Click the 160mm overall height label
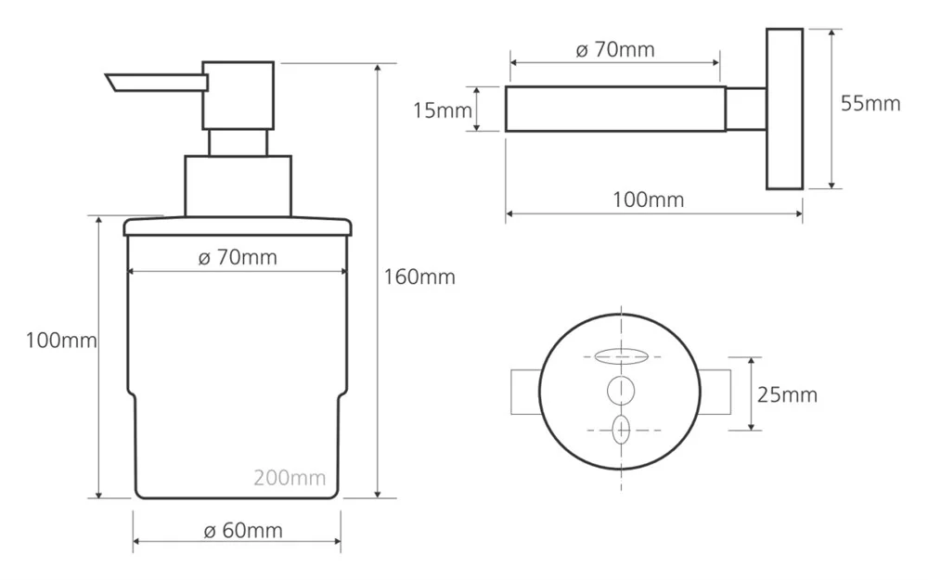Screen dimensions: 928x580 [419, 277]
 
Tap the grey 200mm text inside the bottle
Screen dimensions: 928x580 [290, 478]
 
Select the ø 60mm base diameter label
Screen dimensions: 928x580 [243, 530]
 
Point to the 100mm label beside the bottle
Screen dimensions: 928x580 [61, 341]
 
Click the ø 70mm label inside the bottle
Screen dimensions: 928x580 [238, 257]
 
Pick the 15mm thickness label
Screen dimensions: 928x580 [443, 110]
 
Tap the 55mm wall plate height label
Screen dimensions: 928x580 [870, 104]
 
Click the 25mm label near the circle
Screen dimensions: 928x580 [787, 394]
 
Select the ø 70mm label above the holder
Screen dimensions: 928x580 [615, 50]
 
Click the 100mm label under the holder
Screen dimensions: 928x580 [648, 200]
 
